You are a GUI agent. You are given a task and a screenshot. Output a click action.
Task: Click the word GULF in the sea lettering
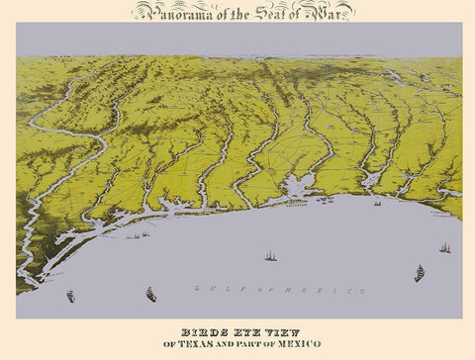pos(212,289)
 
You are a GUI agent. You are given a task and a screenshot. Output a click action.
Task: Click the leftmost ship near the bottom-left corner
pos(70,296)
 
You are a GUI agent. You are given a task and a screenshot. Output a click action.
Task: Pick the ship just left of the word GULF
pos(150,294)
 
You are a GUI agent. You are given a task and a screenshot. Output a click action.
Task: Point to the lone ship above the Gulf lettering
pos(269,255)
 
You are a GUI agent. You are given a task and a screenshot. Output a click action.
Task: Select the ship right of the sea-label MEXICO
pos(420,273)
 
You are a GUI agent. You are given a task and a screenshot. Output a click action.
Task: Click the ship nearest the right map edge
pos(445,247)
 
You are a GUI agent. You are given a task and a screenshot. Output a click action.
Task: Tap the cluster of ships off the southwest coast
pos(139,235)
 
